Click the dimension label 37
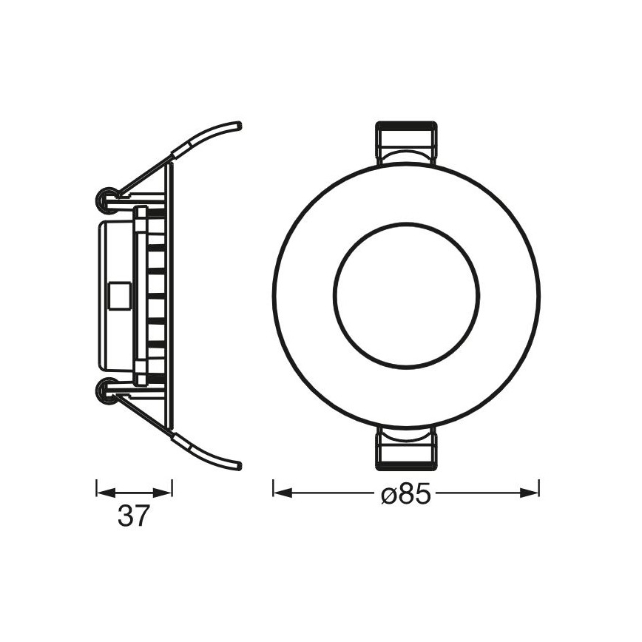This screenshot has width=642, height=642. click(133, 516)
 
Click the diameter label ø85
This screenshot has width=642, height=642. click(405, 495)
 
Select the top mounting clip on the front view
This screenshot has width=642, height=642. click(406, 143)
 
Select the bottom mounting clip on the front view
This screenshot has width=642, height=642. click(406, 449)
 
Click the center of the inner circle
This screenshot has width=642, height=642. click(406, 295)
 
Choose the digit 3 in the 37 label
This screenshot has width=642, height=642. click(125, 516)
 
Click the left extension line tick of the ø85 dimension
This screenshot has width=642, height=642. click(274, 489)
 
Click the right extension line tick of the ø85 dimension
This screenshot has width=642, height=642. click(538, 489)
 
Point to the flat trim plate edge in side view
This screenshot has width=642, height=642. click(171, 295)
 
